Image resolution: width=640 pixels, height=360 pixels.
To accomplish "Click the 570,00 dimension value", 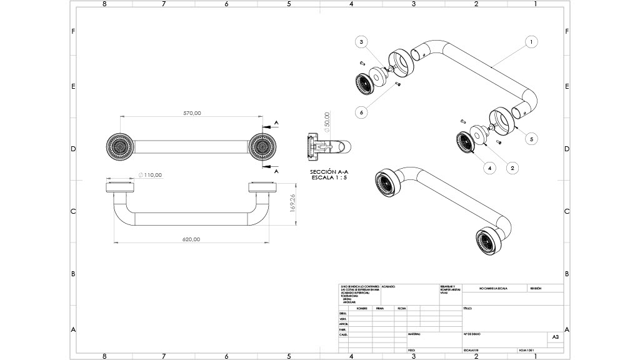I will (x=192, y=113).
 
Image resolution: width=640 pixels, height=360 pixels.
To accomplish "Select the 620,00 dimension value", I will (x=191, y=239).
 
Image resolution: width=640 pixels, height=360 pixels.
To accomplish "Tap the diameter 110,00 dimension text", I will (x=151, y=175).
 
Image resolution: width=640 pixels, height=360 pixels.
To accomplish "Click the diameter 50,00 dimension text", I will (x=327, y=121).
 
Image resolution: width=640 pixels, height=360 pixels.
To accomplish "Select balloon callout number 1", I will (x=530, y=42).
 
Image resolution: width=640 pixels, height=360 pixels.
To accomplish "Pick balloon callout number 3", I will (x=361, y=42).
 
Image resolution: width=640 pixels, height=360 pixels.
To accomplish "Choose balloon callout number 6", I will (x=361, y=112).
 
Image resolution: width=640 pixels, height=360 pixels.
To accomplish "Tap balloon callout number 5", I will (x=531, y=139).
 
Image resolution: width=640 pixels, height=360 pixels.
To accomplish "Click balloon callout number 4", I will (x=489, y=167).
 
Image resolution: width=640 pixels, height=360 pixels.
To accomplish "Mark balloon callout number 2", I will (x=512, y=167).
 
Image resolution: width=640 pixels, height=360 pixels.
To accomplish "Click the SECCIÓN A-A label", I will (x=329, y=171).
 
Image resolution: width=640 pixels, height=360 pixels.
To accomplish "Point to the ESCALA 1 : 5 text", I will (x=329, y=177).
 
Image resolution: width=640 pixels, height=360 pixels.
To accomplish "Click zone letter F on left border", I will (x=74, y=31).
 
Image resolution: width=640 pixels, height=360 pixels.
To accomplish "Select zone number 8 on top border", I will (x=104, y=4).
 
